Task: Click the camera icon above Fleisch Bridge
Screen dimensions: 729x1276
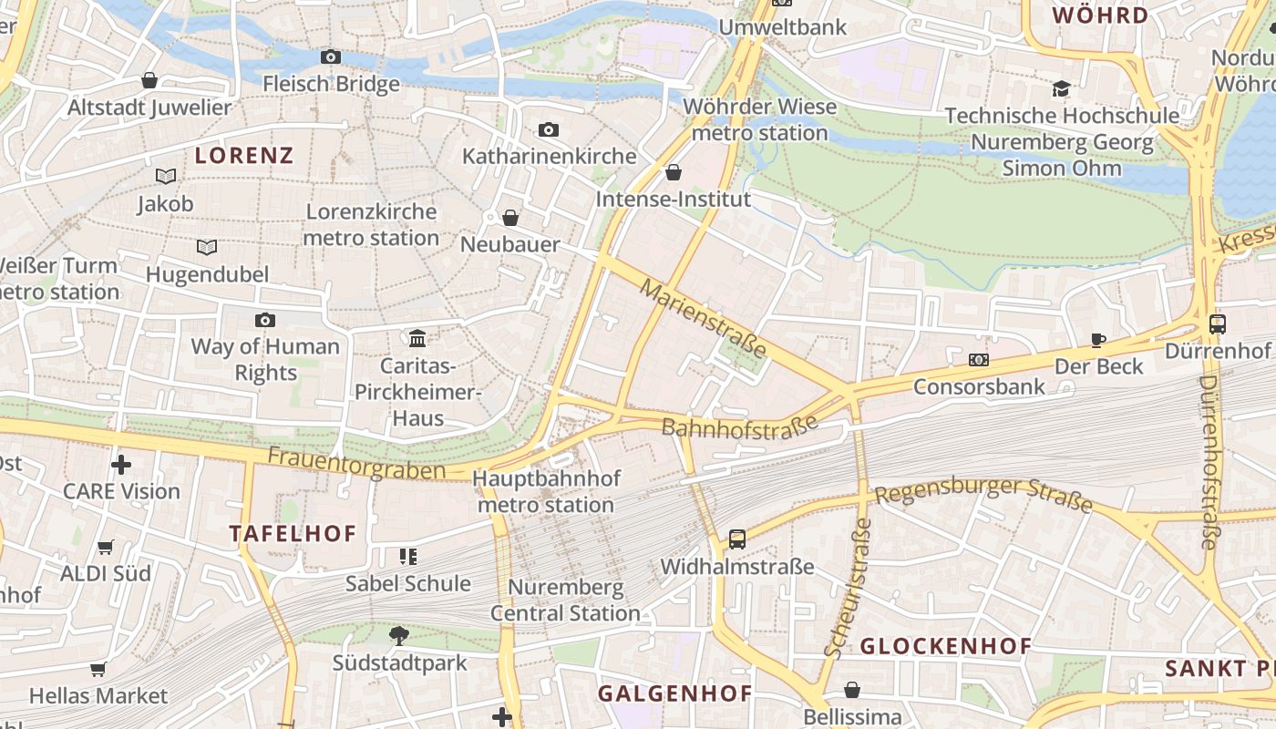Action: [331, 57]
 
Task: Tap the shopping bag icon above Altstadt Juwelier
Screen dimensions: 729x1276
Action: [149, 80]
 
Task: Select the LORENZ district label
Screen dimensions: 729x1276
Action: [244, 155]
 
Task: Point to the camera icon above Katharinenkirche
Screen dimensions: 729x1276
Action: [548, 129]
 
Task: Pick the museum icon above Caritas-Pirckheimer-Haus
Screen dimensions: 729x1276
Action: [417, 339]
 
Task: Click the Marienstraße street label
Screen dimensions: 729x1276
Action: [704, 319]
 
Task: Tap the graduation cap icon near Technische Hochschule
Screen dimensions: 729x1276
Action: [1061, 88]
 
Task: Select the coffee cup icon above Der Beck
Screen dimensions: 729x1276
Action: [1098, 340]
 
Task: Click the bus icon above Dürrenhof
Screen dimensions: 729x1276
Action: [1218, 323]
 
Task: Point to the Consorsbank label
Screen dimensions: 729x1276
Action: [979, 387]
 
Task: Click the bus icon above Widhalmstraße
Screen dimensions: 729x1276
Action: [736, 539]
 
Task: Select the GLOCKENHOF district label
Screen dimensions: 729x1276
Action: [946, 646]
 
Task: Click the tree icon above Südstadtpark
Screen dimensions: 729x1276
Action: [398, 636]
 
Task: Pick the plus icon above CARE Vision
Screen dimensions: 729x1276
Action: [121, 465]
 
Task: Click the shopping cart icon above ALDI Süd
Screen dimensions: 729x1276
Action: [106, 547]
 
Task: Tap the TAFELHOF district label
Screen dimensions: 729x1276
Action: [293, 533]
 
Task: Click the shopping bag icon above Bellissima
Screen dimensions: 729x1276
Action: [851, 690]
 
